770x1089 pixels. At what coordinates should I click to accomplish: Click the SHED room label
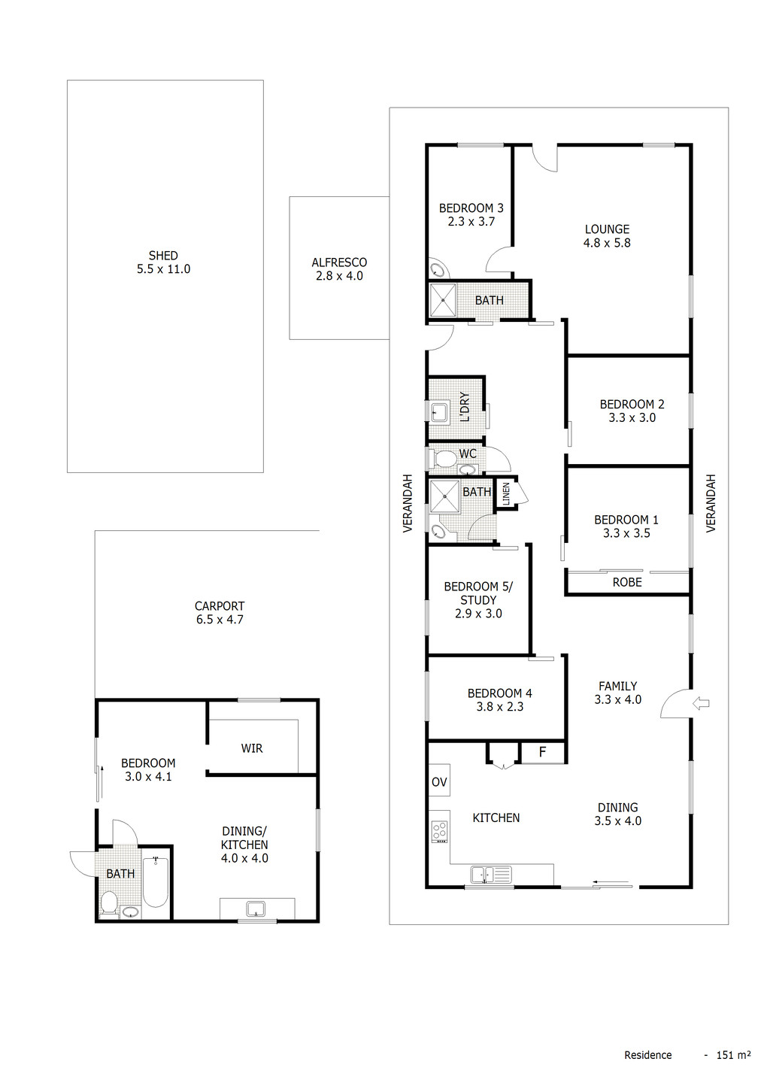click(163, 256)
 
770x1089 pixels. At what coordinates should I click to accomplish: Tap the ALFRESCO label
click(339, 262)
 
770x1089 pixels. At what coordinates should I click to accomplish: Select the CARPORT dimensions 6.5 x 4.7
click(220, 620)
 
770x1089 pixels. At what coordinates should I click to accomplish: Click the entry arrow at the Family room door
click(701, 704)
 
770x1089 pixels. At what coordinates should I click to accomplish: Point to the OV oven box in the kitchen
click(439, 782)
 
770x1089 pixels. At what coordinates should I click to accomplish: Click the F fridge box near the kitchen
click(542, 752)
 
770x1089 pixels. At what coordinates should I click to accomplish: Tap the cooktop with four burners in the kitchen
click(440, 831)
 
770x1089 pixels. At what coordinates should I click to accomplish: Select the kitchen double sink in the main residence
click(490, 874)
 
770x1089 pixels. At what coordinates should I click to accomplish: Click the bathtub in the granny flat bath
click(155, 881)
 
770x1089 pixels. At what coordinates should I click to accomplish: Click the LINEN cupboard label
click(506, 493)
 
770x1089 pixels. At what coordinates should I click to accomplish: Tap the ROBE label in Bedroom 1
click(627, 582)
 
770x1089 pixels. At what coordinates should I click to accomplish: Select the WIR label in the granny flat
click(252, 748)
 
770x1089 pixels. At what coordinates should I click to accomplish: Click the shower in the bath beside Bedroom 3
click(443, 300)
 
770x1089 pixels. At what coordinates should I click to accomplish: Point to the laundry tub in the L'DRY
click(438, 411)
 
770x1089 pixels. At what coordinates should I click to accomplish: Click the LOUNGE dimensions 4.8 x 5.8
click(607, 243)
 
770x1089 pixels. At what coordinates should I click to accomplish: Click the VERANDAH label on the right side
click(711, 503)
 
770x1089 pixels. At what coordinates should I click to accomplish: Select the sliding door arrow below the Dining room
click(610, 882)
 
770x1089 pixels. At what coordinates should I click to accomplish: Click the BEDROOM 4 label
click(499, 693)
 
